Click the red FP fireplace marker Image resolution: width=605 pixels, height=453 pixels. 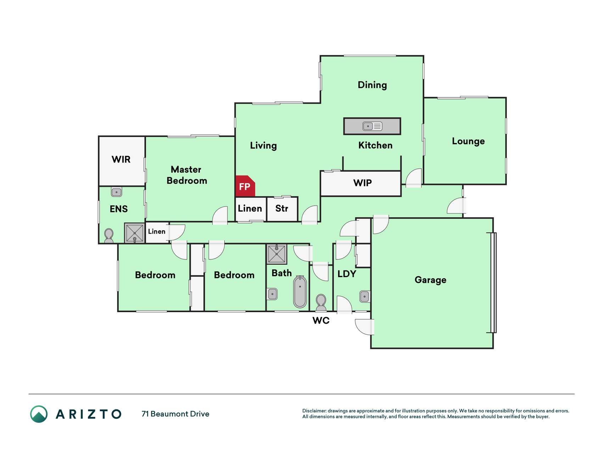tap(245, 186)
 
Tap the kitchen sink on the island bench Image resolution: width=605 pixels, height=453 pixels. tap(372, 126)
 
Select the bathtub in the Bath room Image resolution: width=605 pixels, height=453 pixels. tap(300, 292)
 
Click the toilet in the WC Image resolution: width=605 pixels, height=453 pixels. tap(321, 303)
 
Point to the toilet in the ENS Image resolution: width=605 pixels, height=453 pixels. tap(109, 236)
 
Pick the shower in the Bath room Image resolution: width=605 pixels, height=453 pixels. tap(277, 254)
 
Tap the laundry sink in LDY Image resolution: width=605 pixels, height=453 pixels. tap(365, 297)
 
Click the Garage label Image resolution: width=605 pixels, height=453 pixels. tap(430, 280)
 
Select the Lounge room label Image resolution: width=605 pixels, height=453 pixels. tap(468, 141)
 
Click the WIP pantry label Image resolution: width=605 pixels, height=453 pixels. tap(363, 183)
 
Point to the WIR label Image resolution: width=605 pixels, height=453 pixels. tap(121, 159)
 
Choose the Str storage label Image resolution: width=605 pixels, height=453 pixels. tap(282, 208)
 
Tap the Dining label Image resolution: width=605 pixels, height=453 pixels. tap(372, 85)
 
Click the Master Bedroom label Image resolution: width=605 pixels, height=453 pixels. tap(187, 175)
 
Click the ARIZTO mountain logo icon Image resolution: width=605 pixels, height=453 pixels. tap(39, 414)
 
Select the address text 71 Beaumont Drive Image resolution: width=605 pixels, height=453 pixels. tap(175, 414)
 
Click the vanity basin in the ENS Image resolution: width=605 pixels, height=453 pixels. tap(116, 192)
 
